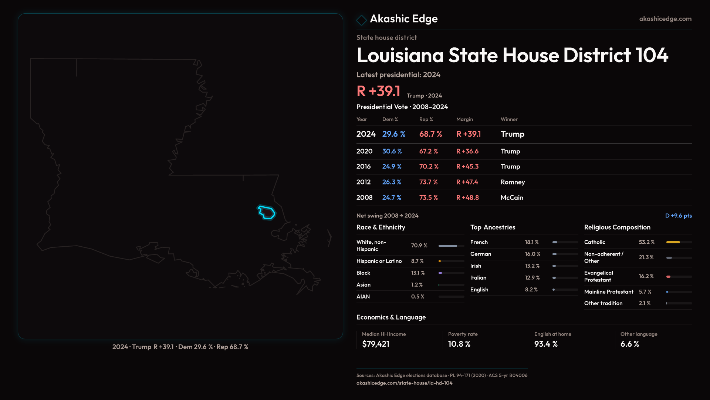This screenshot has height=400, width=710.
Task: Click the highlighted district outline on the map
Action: click(267, 213)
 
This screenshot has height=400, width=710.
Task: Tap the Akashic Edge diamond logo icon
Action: click(361, 20)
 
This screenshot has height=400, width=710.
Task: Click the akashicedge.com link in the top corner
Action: click(665, 19)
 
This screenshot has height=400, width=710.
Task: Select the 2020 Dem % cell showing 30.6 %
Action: click(392, 151)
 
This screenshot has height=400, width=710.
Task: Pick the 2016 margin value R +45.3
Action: click(467, 167)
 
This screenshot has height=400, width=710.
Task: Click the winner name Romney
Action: click(513, 182)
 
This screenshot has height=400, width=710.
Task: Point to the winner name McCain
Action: click(512, 198)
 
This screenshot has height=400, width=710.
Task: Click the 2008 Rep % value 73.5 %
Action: click(428, 198)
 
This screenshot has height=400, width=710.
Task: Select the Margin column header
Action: click(464, 119)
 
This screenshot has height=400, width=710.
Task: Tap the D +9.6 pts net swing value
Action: click(678, 216)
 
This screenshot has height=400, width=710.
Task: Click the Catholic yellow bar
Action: click(673, 242)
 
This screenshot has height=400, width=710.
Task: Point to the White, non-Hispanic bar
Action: click(448, 246)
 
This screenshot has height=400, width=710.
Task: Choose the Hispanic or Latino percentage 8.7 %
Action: click(417, 261)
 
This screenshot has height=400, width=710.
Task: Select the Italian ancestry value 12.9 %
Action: click(532, 278)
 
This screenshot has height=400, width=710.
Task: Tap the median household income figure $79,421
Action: click(376, 344)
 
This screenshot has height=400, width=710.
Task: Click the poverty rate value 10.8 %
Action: click(459, 344)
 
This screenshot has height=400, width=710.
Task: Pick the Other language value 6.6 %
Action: click(629, 344)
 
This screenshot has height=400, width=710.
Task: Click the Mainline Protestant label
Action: click(609, 292)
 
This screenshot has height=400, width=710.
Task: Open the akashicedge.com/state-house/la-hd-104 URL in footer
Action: click(404, 383)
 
